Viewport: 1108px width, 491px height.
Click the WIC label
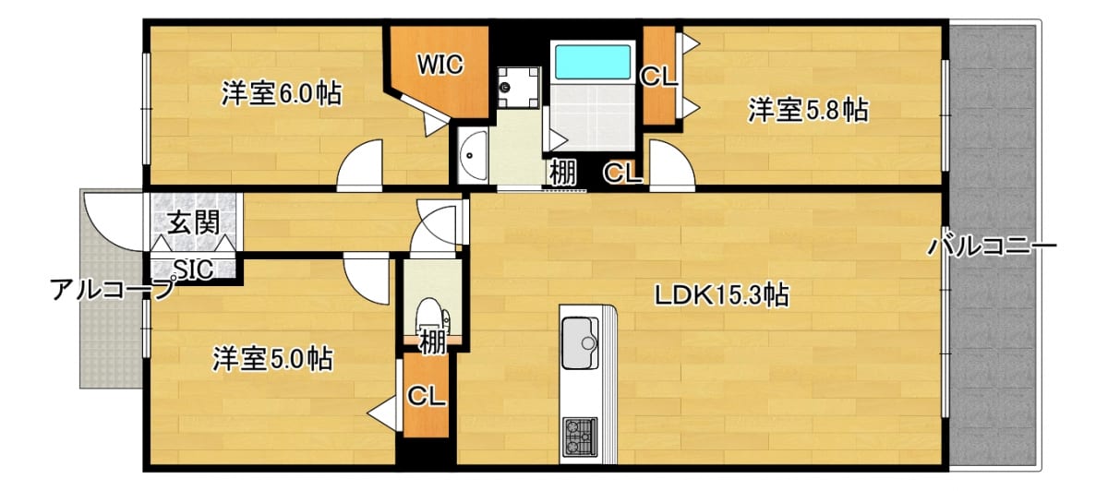[x=440, y=65]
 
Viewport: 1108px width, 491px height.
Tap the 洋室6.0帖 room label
[x=282, y=93]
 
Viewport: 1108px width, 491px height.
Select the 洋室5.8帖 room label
[x=808, y=110]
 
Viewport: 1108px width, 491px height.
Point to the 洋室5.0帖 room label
[x=272, y=359]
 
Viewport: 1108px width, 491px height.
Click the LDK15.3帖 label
[x=722, y=295]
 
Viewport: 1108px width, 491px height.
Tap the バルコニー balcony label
[x=992, y=245]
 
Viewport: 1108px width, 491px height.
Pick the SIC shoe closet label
[x=193, y=269]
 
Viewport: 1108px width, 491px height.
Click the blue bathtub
[x=593, y=62]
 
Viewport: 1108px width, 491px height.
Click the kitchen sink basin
[x=579, y=342]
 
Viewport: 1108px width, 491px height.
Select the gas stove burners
[x=580, y=437]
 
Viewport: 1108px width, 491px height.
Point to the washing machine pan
[x=518, y=88]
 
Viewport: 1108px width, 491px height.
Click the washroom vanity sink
[x=473, y=155]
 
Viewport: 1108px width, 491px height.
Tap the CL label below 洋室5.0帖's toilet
[x=426, y=396]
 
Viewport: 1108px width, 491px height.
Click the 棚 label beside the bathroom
[x=562, y=174]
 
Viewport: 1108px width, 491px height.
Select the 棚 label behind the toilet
[x=432, y=342]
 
